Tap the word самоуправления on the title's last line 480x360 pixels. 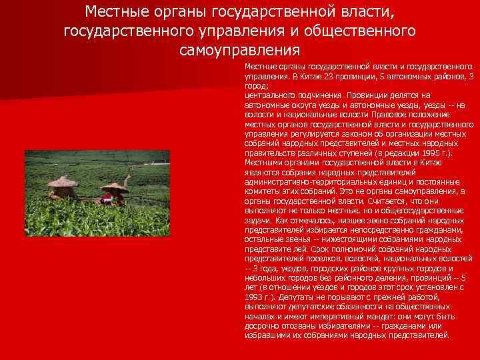click(240, 50)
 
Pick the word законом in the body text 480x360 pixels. click(340, 133)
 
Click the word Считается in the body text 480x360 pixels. click(376, 200)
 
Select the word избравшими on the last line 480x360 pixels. click(265, 335)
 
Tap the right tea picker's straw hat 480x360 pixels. click(115, 187)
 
